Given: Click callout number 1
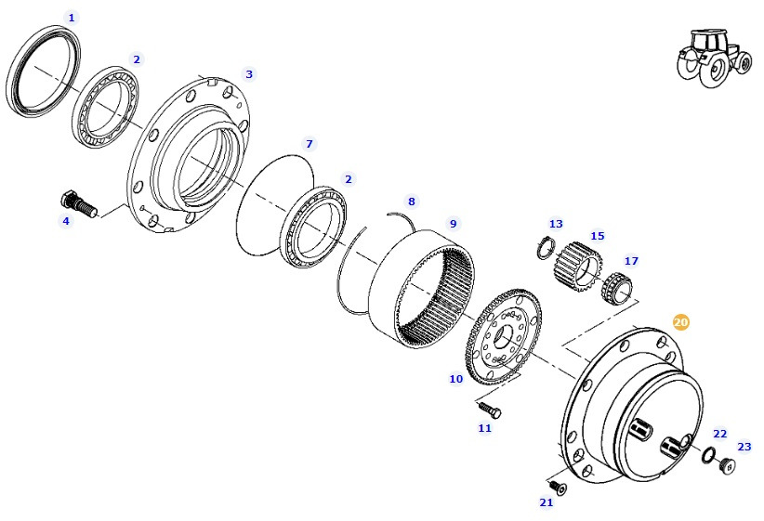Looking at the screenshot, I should pos(72,18).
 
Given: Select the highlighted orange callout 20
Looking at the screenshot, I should pos(681,322).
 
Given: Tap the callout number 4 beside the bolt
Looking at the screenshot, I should pos(65,221).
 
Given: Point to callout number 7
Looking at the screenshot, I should pos(310,144).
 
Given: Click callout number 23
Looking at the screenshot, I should pos(744,446).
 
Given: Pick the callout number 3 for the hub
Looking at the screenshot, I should pos(248,73).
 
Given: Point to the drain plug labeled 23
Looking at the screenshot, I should pos(727,462).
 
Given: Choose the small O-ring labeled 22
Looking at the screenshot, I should pos(708,455).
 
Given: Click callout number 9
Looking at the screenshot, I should pos(454,224).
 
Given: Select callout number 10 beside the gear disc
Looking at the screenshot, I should pos(455,379).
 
